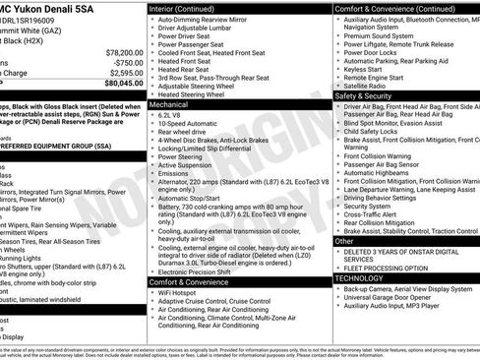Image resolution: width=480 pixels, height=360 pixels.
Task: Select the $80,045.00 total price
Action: coord(119,84)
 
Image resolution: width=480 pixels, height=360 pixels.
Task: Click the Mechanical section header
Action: coord(171,102)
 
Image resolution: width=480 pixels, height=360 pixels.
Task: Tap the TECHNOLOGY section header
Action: coord(360,278)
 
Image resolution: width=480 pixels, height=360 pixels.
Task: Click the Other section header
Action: coord(345,240)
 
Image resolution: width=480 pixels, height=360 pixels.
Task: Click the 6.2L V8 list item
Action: coord(170,114)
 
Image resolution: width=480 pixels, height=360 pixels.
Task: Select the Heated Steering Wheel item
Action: coord(202,92)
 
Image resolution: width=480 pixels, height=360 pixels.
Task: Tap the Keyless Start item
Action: coord(365,70)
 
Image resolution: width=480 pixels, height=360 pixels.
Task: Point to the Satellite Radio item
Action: coord(370,86)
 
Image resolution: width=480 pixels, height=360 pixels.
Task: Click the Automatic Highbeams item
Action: coord(381,172)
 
